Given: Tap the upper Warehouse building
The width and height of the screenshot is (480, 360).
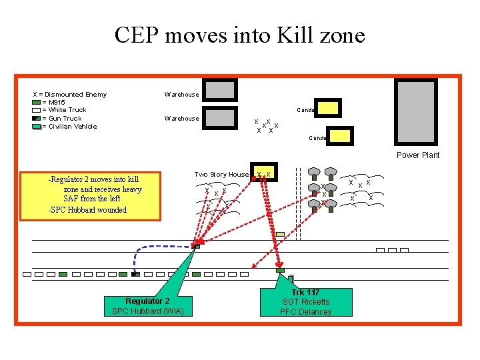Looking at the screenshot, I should pyautogui.click(x=221, y=89).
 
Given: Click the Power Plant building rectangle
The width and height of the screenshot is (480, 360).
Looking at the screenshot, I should pyautogui.click(x=416, y=112).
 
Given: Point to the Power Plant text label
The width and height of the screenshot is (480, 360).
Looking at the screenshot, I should pyautogui.click(x=418, y=155).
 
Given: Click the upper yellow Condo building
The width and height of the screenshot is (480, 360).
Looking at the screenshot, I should pyautogui.click(x=328, y=107).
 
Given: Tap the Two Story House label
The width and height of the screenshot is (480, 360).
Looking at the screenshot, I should pyautogui.click(x=221, y=175).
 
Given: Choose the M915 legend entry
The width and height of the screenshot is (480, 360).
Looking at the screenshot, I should pyautogui.click(x=53, y=103).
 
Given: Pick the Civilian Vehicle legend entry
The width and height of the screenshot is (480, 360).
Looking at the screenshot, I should pyautogui.click(x=69, y=127).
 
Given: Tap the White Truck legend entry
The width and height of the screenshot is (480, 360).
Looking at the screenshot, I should pyautogui.click(x=63, y=111).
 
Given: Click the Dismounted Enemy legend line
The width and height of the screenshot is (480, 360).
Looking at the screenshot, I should pyautogui.click(x=70, y=95).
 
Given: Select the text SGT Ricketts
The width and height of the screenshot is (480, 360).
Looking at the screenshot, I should pyautogui.click(x=306, y=302).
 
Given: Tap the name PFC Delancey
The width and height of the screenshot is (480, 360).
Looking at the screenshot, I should pyautogui.click(x=305, y=312).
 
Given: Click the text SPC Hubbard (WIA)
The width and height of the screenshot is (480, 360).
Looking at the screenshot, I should pyautogui.click(x=147, y=311).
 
